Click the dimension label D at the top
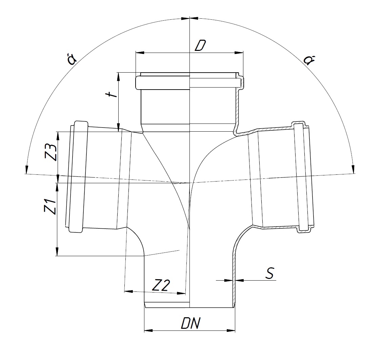[x=200, y=45]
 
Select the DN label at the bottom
[x=191, y=323]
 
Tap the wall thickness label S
[x=270, y=273]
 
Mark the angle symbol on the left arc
[x=72, y=59]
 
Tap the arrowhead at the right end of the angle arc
[x=353, y=169]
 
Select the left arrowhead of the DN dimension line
[x=148, y=330]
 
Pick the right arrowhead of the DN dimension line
[x=231, y=330]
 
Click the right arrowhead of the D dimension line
[x=239, y=53]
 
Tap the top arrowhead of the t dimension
[x=119, y=77]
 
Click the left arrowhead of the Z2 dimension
[x=128, y=291]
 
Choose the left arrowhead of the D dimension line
[x=140, y=53]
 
